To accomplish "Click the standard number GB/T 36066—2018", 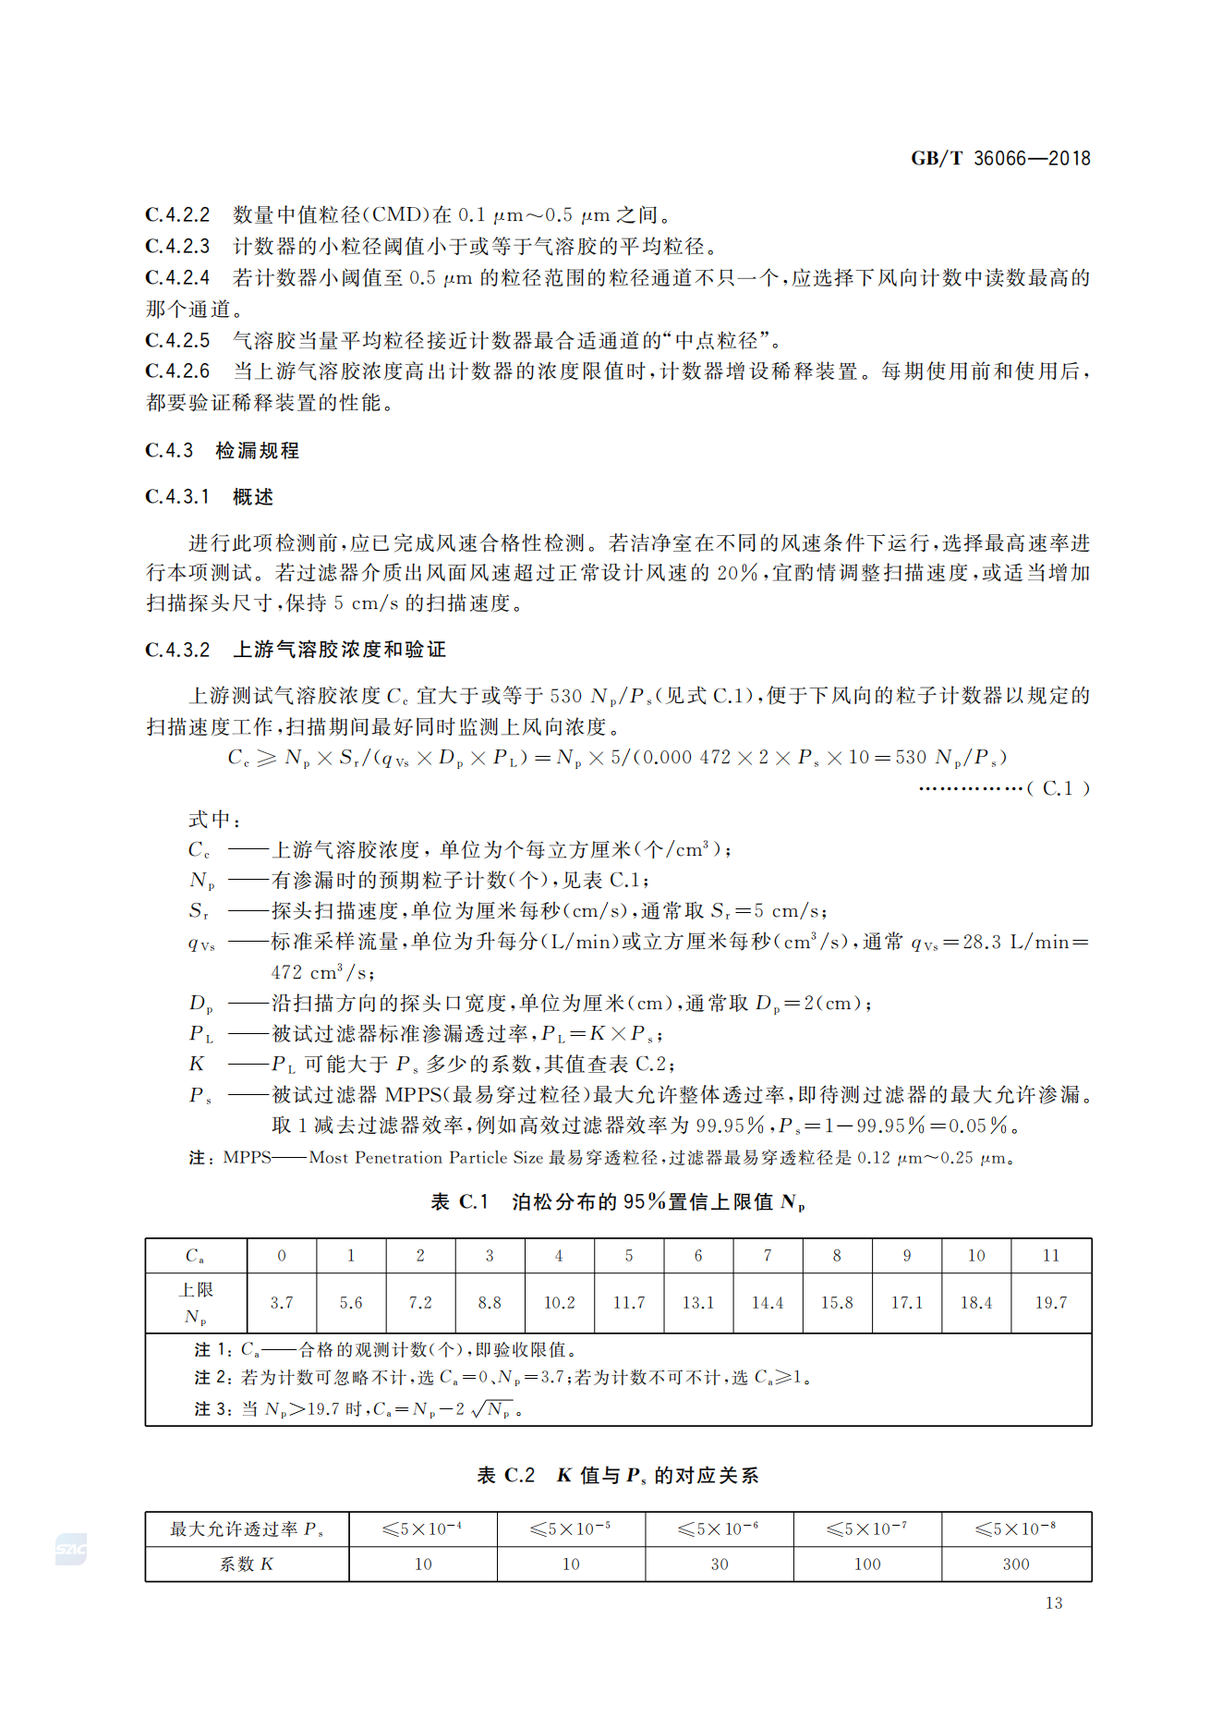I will pos(999,158).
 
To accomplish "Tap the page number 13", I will pos(1053,1603).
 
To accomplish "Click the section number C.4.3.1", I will pos(176,497).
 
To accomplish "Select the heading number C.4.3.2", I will pos(177,650).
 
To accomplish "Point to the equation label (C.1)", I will pos(1059,788).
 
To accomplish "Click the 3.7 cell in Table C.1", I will pos(282,1302).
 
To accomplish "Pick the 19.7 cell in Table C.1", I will pos(1050,1302).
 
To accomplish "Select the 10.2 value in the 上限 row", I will pos(559,1302).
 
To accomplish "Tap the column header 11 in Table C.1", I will pos(1050,1255).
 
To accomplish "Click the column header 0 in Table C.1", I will pos(282,1255).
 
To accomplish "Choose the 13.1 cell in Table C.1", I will pos(697,1302).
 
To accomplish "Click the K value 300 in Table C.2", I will pos(1015,1564).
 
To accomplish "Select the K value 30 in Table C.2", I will pos(719,1564).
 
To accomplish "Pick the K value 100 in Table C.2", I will pos(866,1564).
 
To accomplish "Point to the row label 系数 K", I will pos(246,1564).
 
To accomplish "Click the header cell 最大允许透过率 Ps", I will pos(246,1529).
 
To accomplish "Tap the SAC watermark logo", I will pos(71,1549).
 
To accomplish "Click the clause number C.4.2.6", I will pos(176,371).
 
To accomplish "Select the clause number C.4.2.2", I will pos(176,215).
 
